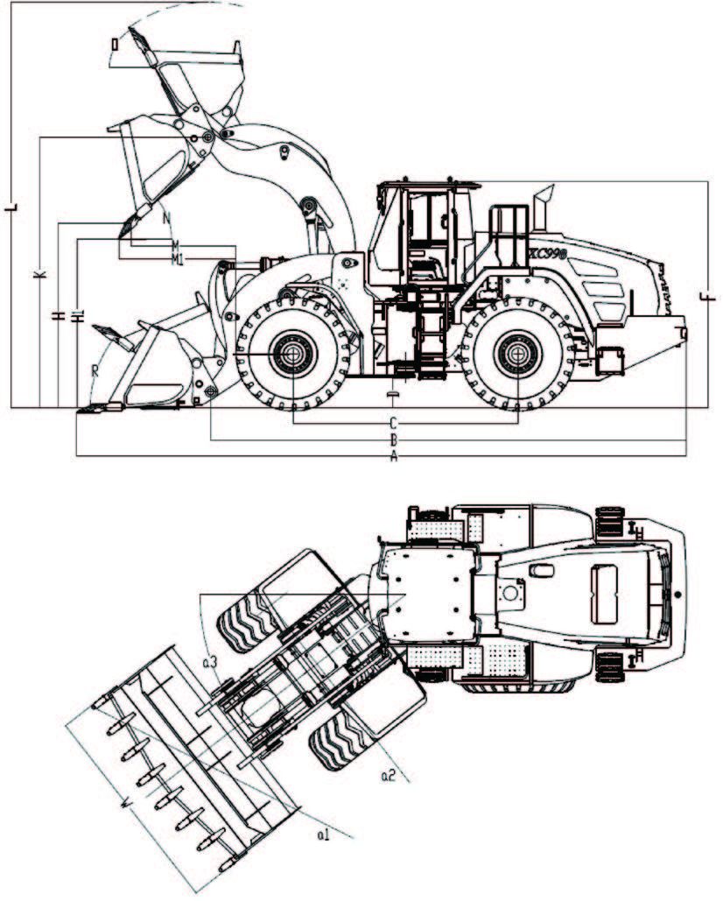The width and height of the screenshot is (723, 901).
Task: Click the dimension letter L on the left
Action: tap(12, 209)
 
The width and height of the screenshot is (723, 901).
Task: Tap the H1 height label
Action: tap(78, 316)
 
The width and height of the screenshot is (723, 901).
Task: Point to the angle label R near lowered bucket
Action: tap(95, 369)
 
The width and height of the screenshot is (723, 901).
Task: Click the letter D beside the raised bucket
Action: tap(114, 43)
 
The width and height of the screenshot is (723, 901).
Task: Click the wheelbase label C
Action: tap(394, 424)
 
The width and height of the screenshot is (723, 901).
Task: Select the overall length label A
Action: tap(394, 457)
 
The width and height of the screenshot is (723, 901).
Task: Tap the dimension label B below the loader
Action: tap(394, 440)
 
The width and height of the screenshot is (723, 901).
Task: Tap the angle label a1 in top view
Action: tap(323, 836)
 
